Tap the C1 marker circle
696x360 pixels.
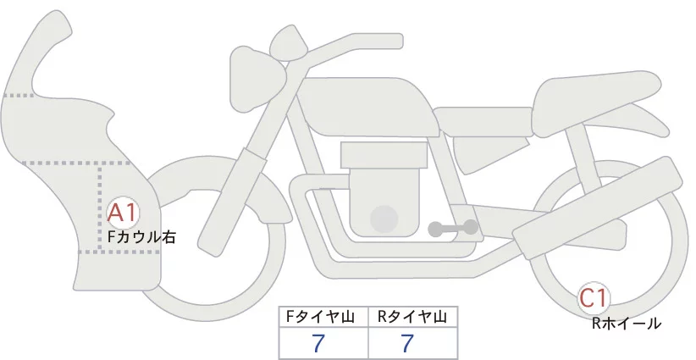point(594,298)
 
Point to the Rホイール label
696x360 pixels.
point(627,323)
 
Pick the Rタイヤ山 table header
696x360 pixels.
point(412,318)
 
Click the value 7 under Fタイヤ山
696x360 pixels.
point(319,343)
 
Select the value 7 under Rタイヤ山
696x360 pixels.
point(408,343)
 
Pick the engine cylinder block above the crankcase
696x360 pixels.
point(380,157)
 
